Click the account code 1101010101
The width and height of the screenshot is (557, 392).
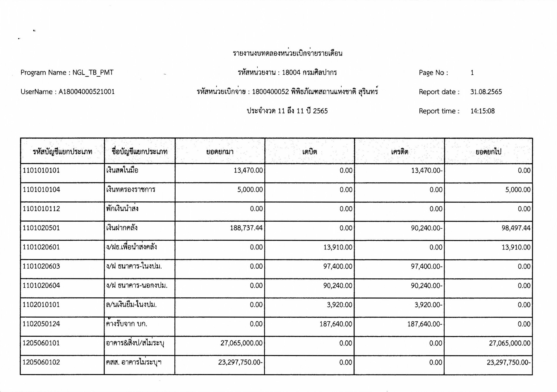[41, 171]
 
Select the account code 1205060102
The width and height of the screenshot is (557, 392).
[41, 362]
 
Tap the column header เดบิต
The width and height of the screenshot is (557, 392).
[310, 152]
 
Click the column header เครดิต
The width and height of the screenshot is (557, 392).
[400, 152]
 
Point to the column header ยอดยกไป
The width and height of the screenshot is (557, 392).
[488, 152]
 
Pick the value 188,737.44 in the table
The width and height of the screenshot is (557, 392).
[246, 228]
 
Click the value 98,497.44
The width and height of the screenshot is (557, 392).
[516, 228]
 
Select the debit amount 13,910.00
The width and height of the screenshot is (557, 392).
[338, 247]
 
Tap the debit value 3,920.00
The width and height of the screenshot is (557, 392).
[340, 305]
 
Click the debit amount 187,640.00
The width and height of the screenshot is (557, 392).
[336, 324]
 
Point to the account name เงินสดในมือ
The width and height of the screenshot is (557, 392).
[122, 170]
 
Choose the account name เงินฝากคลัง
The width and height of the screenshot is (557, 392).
[122, 228]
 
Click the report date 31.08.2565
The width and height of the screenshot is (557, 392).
[486, 92]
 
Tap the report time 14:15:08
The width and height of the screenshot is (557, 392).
[482, 111]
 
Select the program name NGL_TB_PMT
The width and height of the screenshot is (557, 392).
[93, 73]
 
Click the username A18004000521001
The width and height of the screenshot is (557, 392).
[87, 92]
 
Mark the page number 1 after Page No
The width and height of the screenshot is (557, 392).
[472, 73]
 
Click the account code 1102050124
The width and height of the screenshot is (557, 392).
[41, 324]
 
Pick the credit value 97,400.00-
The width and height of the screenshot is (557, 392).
[426, 266]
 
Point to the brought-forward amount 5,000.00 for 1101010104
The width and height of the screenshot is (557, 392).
[250, 190]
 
